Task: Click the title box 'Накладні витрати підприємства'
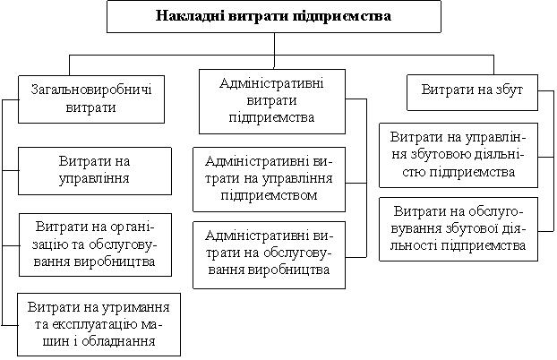point(274,16)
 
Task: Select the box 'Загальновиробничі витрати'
point(91,99)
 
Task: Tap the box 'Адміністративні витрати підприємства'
point(272,101)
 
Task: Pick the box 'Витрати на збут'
point(472,92)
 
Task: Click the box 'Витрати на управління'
point(95,171)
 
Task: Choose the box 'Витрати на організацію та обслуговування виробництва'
point(95,244)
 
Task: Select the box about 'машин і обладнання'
point(99,324)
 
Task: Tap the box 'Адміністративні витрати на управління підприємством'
point(270,179)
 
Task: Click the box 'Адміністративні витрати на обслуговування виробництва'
point(270,255)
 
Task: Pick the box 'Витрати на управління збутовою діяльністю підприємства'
point(458,155)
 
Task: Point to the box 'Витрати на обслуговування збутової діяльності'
point(458,229)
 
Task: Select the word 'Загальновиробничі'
point(91,90)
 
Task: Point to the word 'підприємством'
point(269,195)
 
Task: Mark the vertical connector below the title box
point(274,50)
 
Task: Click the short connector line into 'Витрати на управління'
point(10,170)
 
